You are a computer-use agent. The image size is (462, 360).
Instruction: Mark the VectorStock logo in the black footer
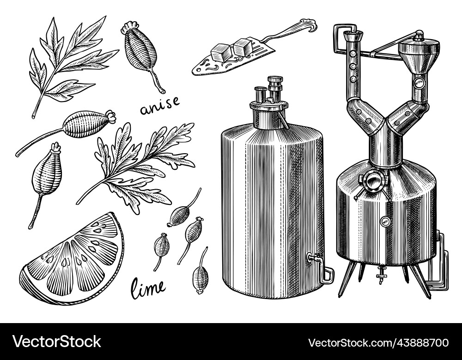coord(57,342)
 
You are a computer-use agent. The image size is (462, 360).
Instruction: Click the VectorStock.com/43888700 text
coord(378,343)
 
